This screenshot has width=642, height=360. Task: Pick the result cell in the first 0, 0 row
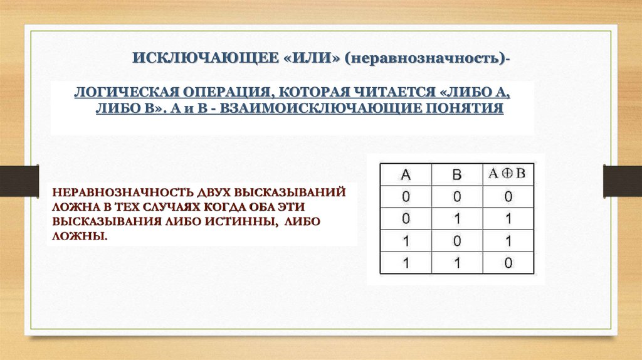point(507,197)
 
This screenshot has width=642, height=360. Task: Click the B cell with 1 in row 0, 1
point(456,219)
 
